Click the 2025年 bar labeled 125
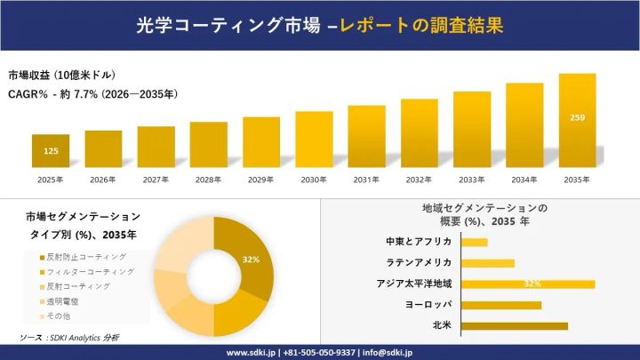tap(51, 150)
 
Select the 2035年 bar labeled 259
tap(576, 120)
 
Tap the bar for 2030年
tap(314, 139)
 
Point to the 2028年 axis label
tap(208, 180)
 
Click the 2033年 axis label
tap(471, 180)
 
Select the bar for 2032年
tap(419, 132)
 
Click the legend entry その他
tap(59, 316)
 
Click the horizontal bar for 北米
tap(515, 325)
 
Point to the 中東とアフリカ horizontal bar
tap(475, 242)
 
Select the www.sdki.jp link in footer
tap(251, 352)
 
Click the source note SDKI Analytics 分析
tap(69, 338)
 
